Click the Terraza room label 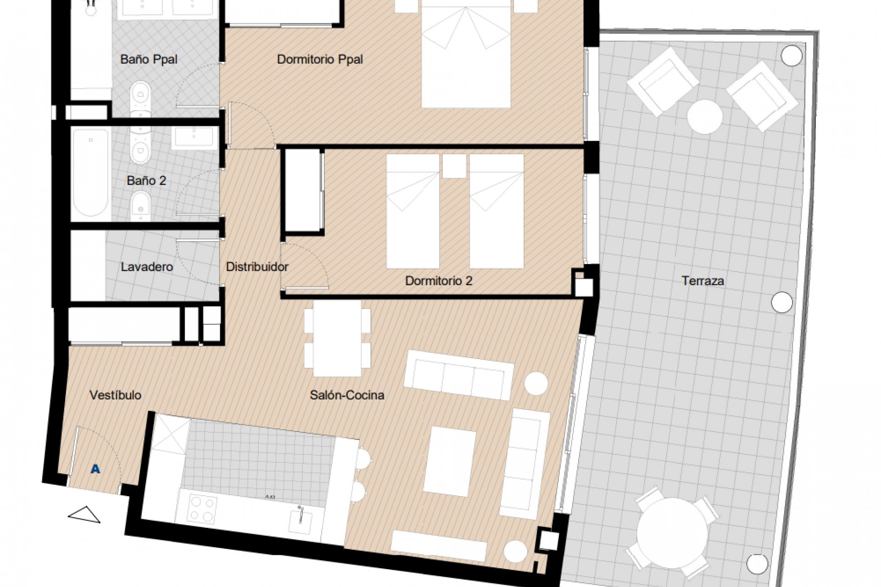(703, 281)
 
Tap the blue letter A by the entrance (95, 469)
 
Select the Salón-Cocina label (347, 395)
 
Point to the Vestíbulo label (115, 395)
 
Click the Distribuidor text (257, 266)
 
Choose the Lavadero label (147, 266)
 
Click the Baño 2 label (146, 181)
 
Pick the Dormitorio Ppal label (320, 59)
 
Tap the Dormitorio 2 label (438, 281)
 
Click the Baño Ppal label (149, 59)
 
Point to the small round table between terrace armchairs (705, 116)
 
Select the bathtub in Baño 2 (90, 172)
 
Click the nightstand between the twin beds (454, 166)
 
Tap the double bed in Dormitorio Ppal (466, 55)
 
